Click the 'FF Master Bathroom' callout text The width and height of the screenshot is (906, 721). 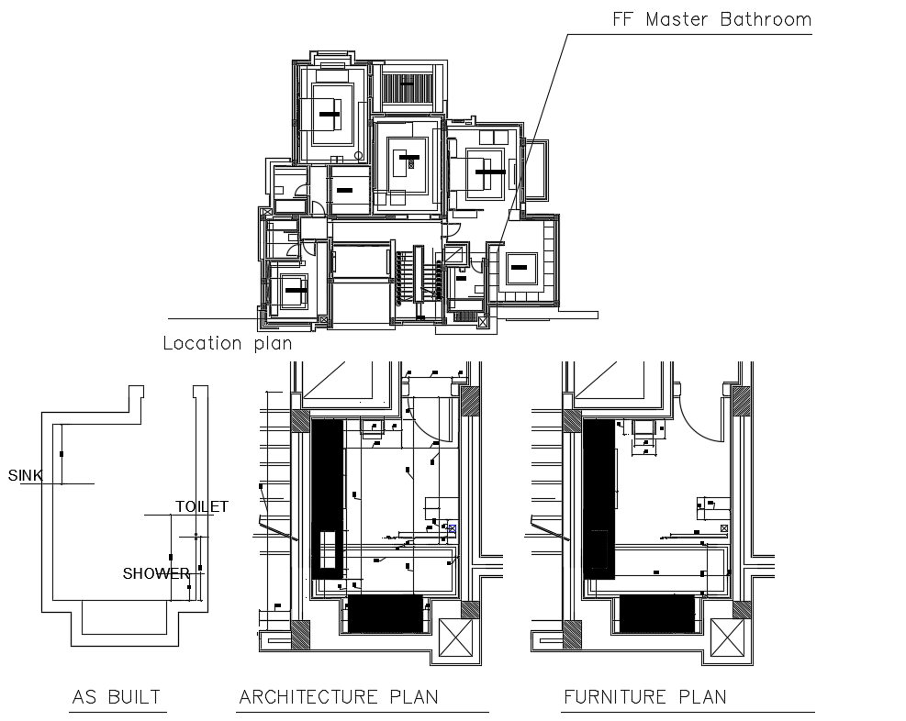click(x=711, y=19)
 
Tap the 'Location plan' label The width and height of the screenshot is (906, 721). click(x=227, y=344)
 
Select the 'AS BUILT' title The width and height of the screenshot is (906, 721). click(x=117, y=697)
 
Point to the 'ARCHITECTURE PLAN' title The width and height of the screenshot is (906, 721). click(x=338, y=697)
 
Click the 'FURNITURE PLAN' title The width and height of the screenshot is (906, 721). click(x=644, y=697)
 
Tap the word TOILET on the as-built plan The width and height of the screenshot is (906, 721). click(x=201, y=506)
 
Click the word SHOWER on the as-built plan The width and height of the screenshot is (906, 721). click(x=156, y=574)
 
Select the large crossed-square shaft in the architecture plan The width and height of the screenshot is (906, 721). click(x=456, y=638)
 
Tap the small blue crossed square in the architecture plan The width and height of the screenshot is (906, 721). click(x=452, y=527)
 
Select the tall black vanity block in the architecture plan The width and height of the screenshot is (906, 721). click(x=327, y=495)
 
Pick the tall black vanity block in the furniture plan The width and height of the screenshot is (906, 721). click(x=598, y=495)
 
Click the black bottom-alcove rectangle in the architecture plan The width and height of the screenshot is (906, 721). click(x=386, y=614)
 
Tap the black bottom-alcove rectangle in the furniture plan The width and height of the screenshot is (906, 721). click(x=656, y=614)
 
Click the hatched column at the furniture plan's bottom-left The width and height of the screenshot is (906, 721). click(x=571, y=634)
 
